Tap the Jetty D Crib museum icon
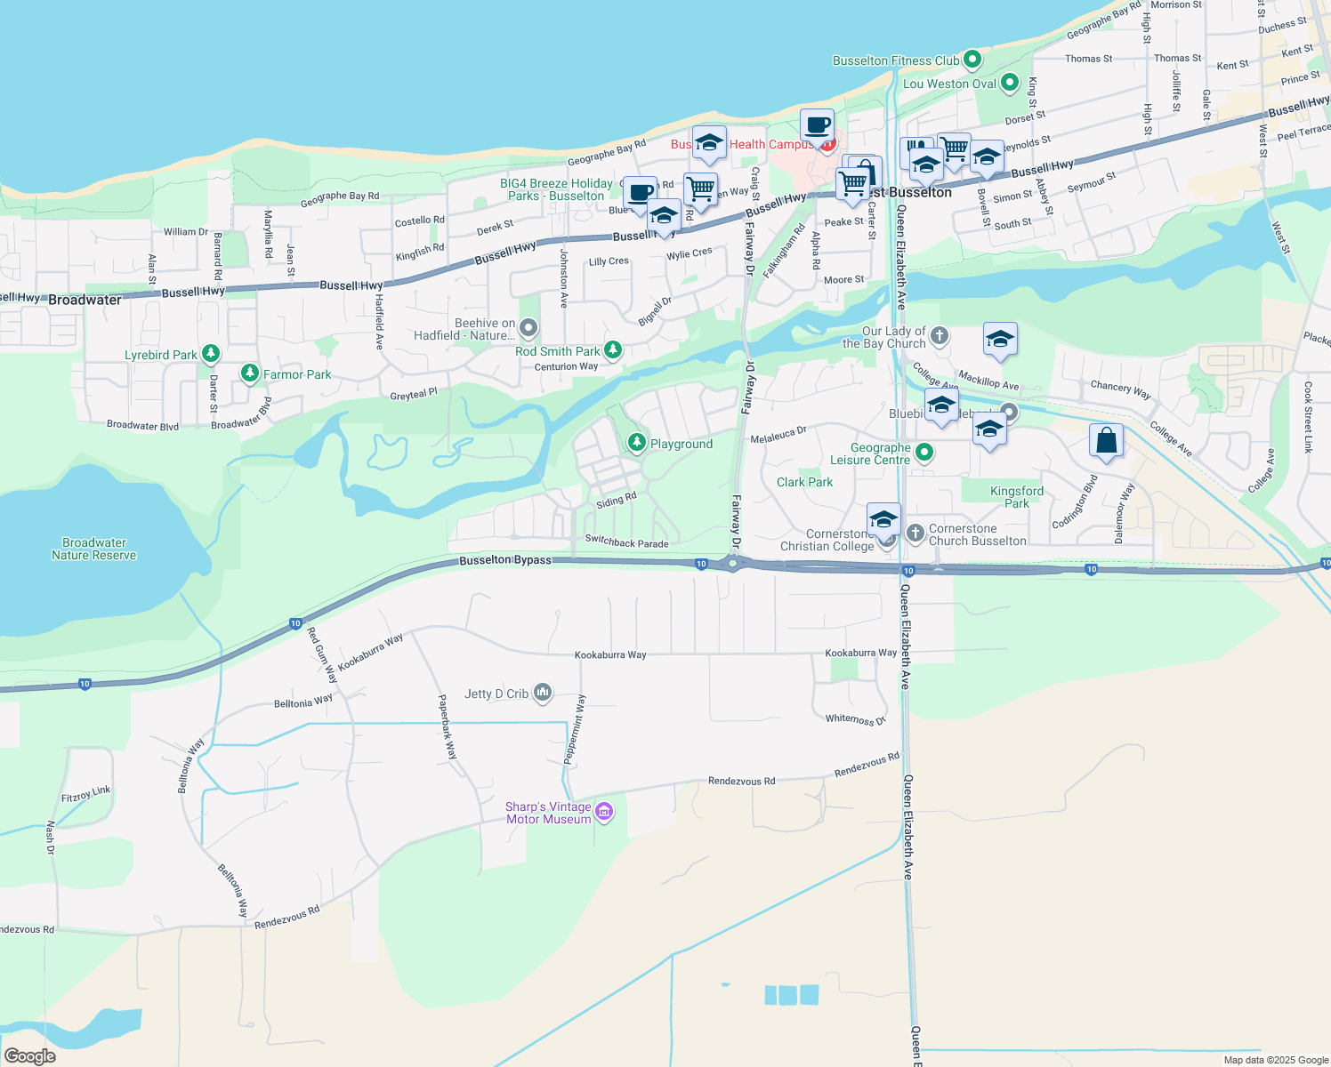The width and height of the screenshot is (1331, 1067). tap(543, 693)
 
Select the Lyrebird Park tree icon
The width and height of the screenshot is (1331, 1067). tap(210, 354)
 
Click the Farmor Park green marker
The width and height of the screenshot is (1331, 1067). tap(250, 373)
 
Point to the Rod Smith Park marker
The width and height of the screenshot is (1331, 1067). tap(613, 350)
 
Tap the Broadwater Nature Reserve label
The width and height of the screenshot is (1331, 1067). tap(94, 549)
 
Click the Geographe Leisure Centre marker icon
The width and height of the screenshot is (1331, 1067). tap(924, 453)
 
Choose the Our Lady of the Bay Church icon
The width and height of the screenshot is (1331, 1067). tap(940, 336)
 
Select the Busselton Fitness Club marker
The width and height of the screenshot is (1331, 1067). tap(972, 60)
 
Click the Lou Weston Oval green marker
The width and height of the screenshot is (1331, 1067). tap(1010, 83)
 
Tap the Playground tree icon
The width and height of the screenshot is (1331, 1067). tap(636, 442)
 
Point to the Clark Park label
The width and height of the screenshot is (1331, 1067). tap(804, 482)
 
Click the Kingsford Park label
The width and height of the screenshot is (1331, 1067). tap(1017, 497)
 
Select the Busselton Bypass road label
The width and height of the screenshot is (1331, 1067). tap(505, 560)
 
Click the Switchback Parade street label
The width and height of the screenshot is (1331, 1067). tap(626, 542)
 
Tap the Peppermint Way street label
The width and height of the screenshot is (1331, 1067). tap(575, 729)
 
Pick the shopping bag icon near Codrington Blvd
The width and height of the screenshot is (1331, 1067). tap(1106, 439)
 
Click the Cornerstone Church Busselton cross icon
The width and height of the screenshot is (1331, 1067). tap(916, 533)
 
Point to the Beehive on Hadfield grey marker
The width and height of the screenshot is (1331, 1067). tap(528, 328)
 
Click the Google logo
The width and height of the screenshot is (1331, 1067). tap(30, 1055)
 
